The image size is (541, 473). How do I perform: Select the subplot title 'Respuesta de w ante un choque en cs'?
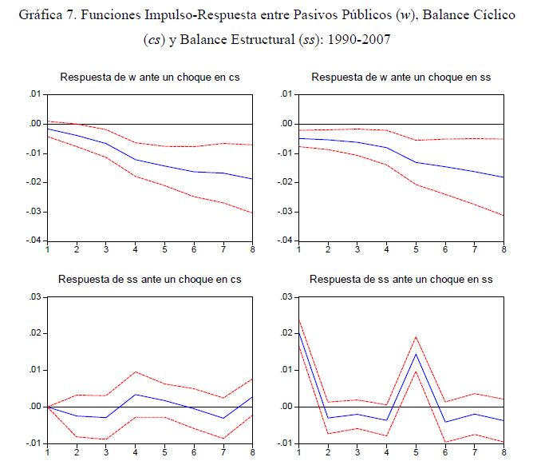[150, 77]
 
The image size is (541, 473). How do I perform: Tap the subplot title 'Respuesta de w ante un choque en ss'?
[401, 77]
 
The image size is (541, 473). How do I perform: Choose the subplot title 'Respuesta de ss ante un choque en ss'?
[401, 279]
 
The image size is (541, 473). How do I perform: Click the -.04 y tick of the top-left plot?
[32, 240]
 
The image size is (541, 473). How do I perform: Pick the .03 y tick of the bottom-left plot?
[34, 297]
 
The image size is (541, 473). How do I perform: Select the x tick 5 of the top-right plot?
[416, 250]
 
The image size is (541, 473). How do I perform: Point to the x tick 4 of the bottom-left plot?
[136, 451]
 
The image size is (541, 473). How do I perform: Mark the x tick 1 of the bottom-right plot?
[298, 451]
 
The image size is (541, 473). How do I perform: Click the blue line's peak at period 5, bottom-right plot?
[416, 354]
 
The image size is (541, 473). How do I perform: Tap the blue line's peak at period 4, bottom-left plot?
[136, 394]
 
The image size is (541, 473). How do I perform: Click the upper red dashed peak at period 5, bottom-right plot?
[416, 336]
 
